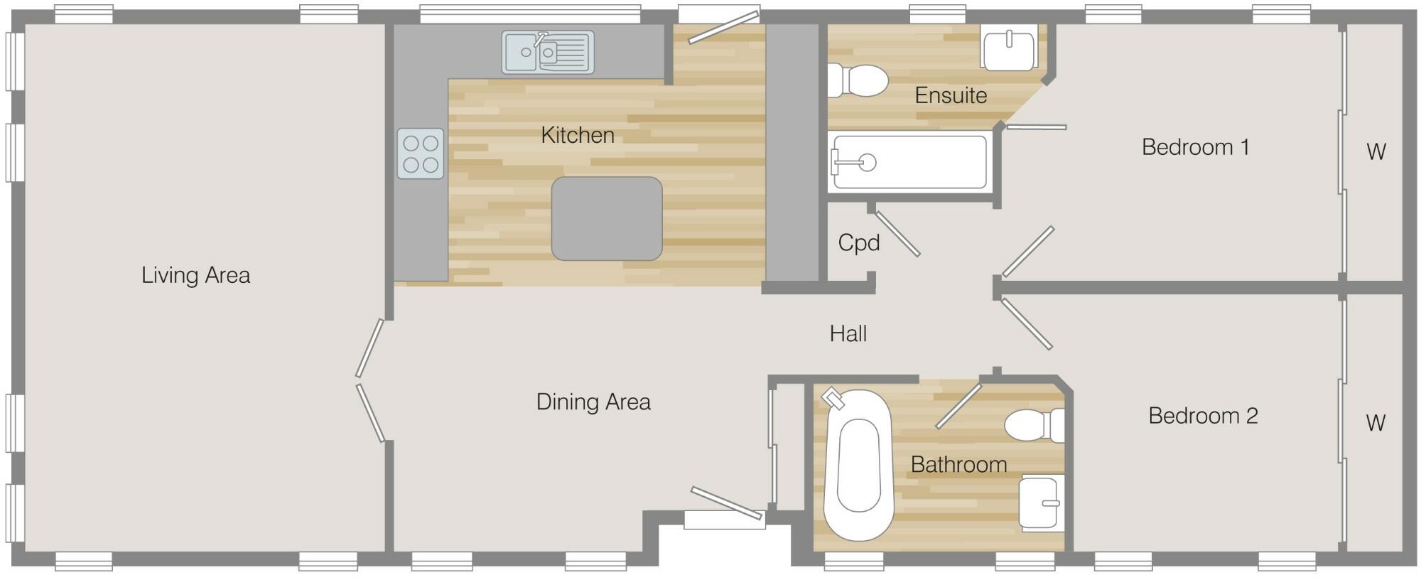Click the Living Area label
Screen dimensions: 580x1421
click(195, 275)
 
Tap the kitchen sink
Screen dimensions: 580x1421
click(547, 52)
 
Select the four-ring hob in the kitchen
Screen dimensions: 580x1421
click(420, 154)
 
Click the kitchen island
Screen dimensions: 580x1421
click(607, 218)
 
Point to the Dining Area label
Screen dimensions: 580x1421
click(593, 402)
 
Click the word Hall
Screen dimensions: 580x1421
click(848, 333)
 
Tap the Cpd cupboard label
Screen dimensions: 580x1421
click(858, 243)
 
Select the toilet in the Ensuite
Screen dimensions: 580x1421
click(860, 80)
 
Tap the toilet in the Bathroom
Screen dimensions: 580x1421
click(1034, 425)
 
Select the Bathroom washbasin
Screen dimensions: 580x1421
click(1041, 503)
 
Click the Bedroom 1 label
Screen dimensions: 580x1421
click(1195, 147)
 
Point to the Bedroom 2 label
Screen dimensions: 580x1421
click(1203, 416)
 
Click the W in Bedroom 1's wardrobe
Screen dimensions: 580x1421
click(1376, 151)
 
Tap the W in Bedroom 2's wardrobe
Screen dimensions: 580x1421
click(1375, 423)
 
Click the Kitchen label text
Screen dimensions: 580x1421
click(577, 135)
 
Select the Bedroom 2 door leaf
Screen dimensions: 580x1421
click(1026, 324)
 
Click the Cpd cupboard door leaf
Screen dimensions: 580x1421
click(897, 233)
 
